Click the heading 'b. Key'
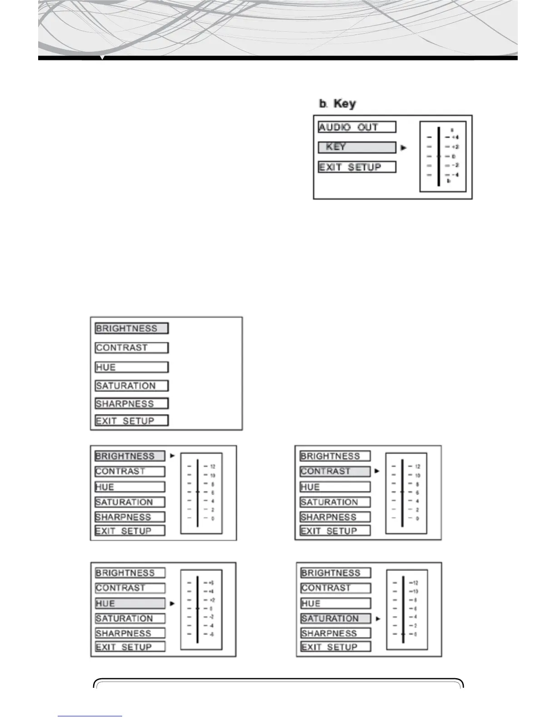[338, 104]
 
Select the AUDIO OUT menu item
[357, 127]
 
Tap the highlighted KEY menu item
[357, 147]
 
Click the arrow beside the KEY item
[404, 148]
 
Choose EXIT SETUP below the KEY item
[357, 167]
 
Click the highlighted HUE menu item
[130, 604]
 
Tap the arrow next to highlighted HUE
[172, 604]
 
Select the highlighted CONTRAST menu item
[335, 471]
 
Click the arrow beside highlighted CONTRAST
[377, 471]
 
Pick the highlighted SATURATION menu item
[336, 619]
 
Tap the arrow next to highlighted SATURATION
[378, 619]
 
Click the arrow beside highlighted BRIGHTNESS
[172, 455]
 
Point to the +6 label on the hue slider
[211, 583]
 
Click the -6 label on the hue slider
[211, 635]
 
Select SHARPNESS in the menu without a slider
[132, 404]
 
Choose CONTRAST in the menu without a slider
[132, 348]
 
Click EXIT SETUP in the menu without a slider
[132, 421]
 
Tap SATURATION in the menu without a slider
[132, 386]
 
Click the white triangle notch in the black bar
[103, 58]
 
